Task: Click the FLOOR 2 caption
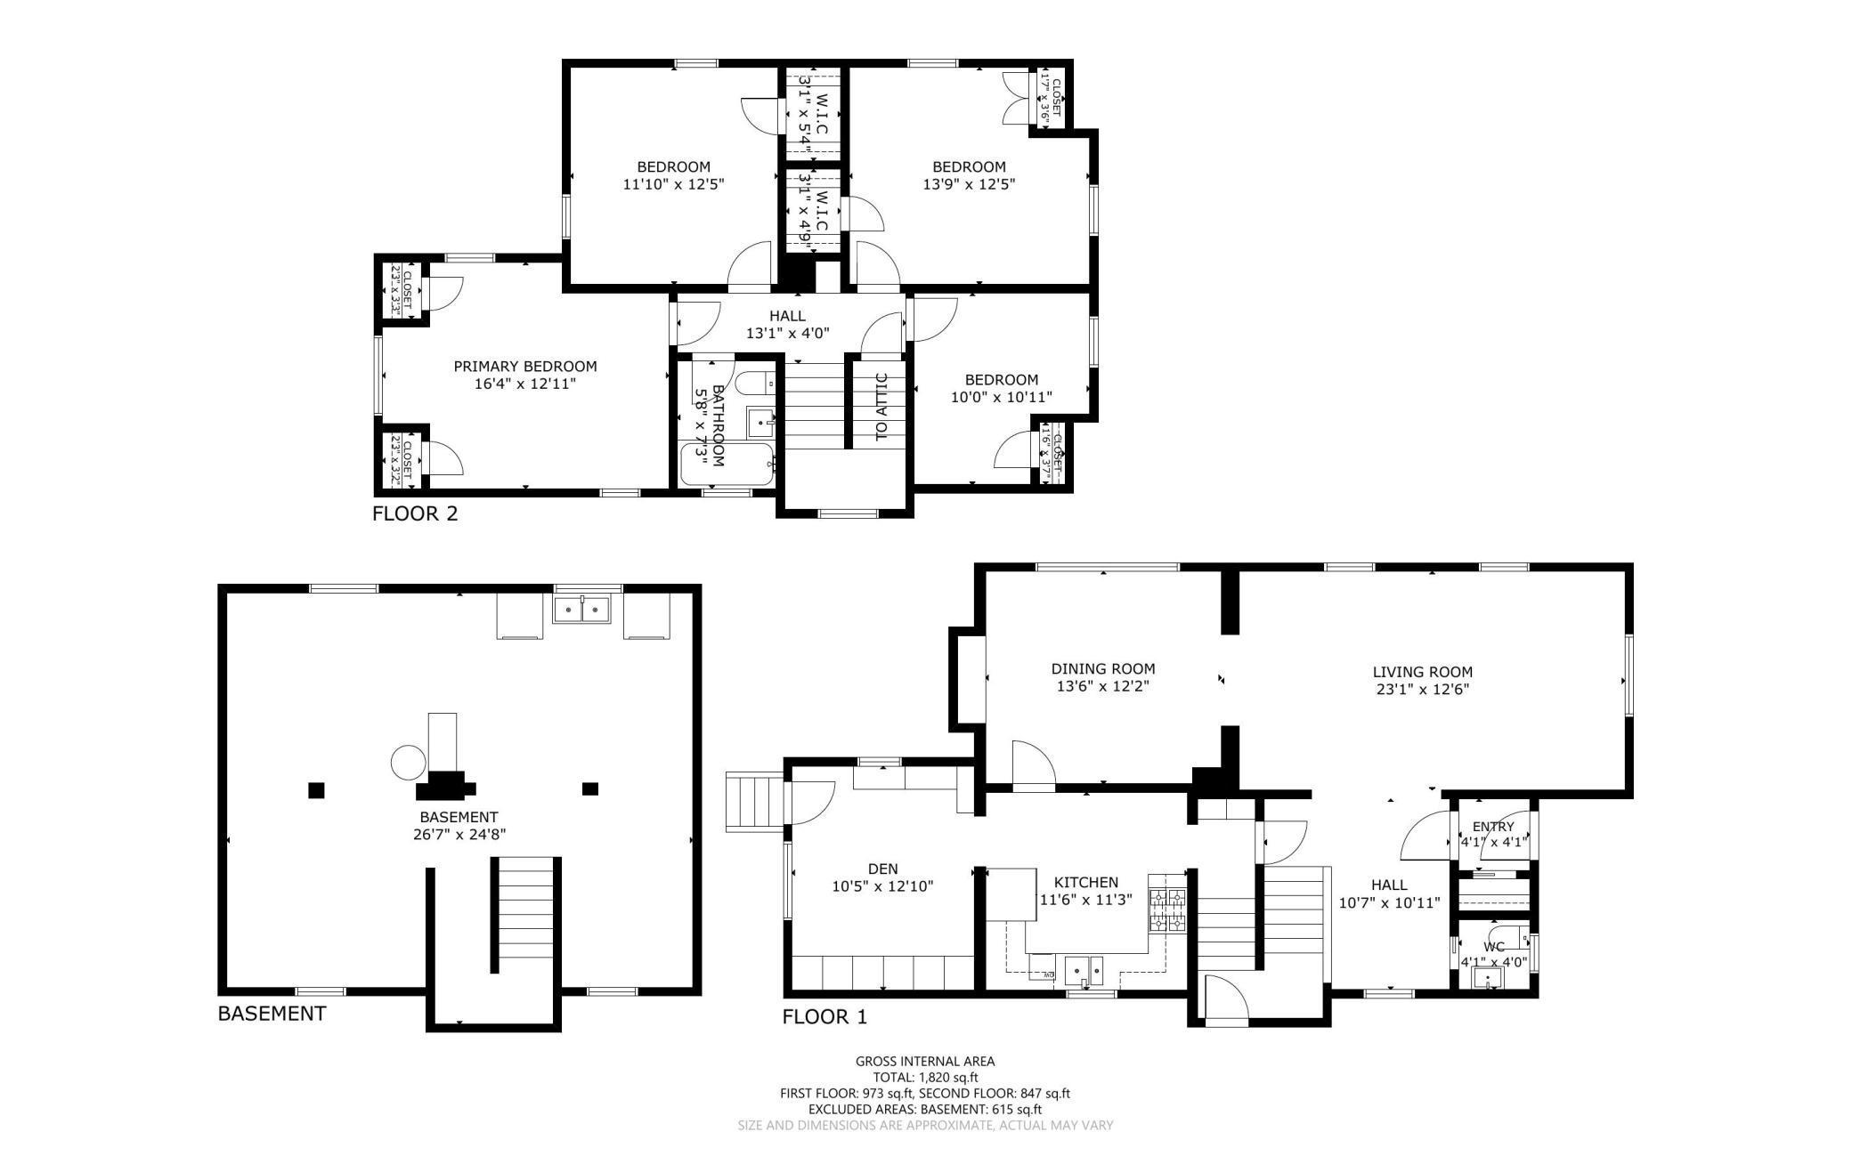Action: pos(415,513)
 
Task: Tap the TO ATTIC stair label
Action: pos(881,407)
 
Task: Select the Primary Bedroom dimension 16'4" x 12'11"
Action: pos(525,384)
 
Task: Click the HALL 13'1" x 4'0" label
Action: pos(787,325)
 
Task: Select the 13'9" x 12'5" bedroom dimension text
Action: pos(969,184)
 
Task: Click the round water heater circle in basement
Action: pos(409,763)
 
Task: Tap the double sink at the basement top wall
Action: pos(581,610)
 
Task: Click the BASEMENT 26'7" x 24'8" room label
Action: pos(459,825)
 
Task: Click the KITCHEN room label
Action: pos(1085,882)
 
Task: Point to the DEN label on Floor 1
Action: pos(882,869)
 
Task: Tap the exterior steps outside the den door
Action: pos(753,803)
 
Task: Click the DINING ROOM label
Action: pos(1103,668)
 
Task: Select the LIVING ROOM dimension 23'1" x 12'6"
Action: pos(1422,689)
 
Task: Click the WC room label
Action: pos(1493,947)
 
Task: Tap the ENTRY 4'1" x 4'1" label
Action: pos(1493,834)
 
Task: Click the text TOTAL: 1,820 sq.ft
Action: pos(925,1077)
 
